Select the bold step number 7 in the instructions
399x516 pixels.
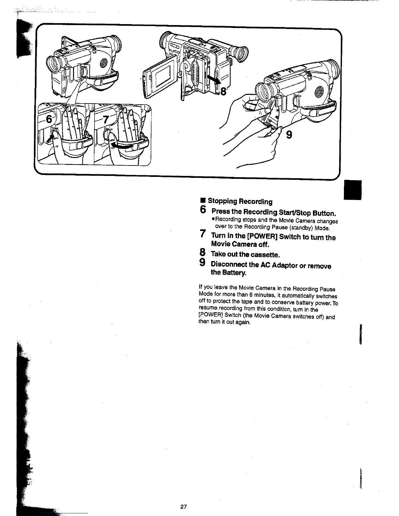point(203,234)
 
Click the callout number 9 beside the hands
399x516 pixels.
point(288,134)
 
